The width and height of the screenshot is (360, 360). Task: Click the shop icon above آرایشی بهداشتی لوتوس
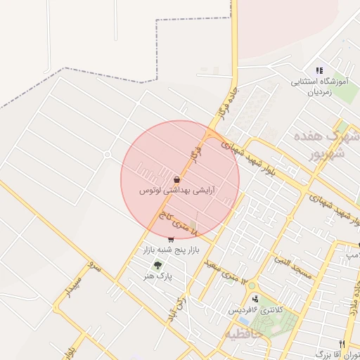176,179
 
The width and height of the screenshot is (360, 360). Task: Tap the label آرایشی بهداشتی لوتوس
177,191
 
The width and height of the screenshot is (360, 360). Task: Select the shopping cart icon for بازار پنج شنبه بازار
171,239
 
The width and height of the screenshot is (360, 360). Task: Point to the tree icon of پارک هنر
157,265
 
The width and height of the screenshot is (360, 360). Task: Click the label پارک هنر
157,277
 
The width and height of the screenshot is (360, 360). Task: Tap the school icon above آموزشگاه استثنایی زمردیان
319,70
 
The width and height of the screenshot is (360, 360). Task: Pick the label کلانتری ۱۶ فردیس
254,310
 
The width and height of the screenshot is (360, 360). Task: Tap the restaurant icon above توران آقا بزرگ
342,344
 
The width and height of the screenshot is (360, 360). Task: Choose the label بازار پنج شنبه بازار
172,250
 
